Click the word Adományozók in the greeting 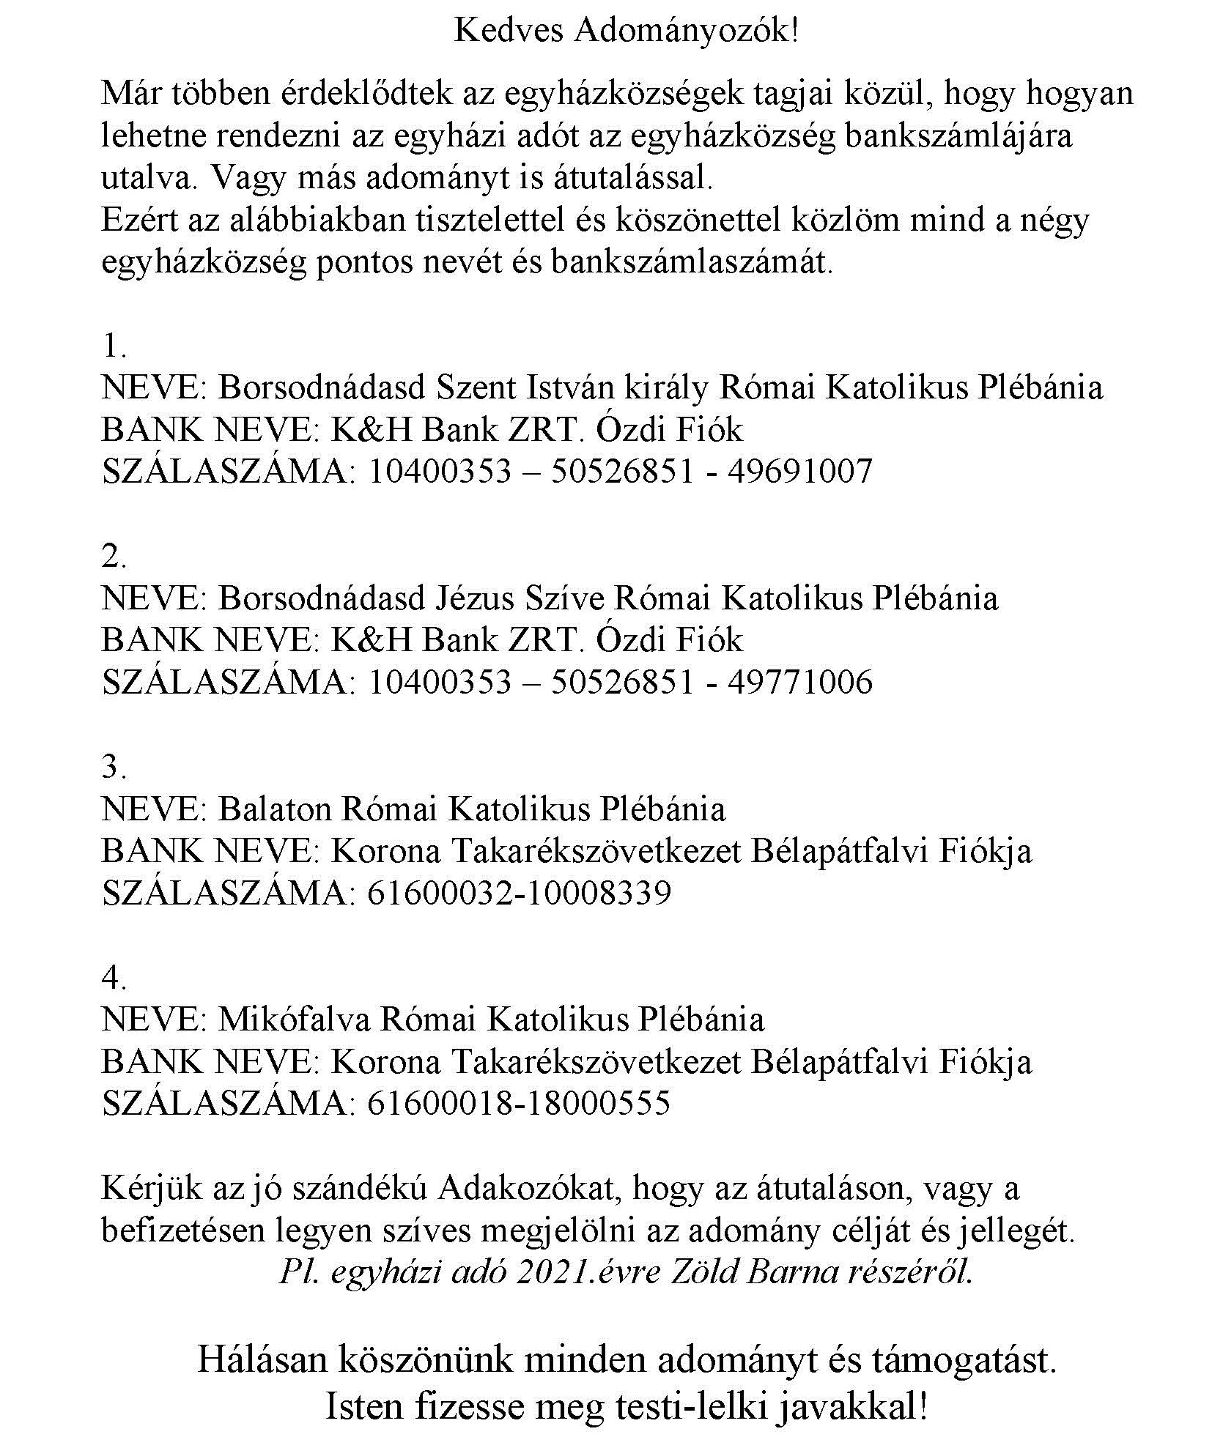pos(686,31)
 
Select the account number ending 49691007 pos(619,471)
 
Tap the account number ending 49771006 pos(619,682)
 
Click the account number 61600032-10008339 pos(518,894)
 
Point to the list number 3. pos(114,767)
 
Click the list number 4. pos(114,977)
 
